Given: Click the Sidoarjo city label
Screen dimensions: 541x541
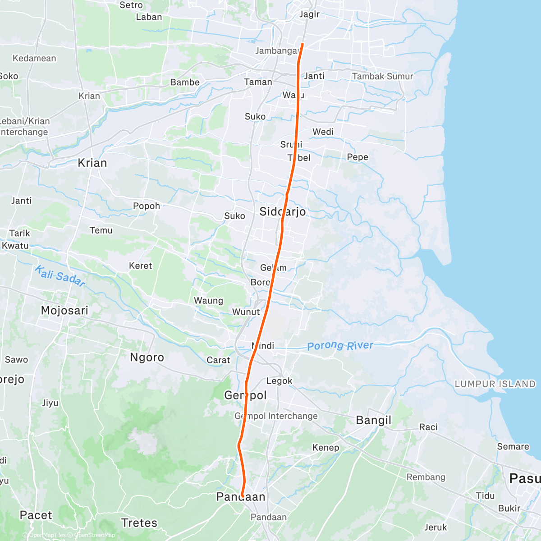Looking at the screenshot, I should [283, 212].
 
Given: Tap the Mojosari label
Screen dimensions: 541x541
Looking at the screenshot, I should [64, 310].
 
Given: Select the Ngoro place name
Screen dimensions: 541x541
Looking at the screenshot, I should [147, 358].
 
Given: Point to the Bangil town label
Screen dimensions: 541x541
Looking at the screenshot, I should [374, 420].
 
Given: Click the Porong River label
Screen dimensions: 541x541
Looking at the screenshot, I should [340, 346].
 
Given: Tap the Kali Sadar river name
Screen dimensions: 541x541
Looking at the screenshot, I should [60, 276].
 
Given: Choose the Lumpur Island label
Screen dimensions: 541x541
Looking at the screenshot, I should [495, 384].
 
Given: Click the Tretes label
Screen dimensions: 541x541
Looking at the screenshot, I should [139, 523].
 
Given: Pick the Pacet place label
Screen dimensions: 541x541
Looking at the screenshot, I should [36, 515].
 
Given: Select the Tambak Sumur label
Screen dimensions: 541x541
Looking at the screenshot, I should [382, 76].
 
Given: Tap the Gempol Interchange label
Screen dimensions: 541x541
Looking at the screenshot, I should [276, 416].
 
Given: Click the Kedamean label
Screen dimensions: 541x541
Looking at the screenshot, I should [34, 58].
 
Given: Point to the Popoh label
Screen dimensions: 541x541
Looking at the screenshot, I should [147, 206].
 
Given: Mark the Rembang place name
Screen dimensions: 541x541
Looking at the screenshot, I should [426, 477].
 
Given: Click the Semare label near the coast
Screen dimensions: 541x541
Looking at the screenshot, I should [513, 446].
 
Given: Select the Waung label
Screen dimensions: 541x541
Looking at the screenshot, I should [208, 301].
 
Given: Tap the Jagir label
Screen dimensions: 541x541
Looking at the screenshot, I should [309, 14].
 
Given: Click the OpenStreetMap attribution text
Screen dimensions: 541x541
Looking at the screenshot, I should [95, 536].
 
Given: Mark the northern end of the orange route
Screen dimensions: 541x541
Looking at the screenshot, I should [302, 44].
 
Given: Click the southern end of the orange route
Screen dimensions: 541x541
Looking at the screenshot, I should [243, 496].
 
